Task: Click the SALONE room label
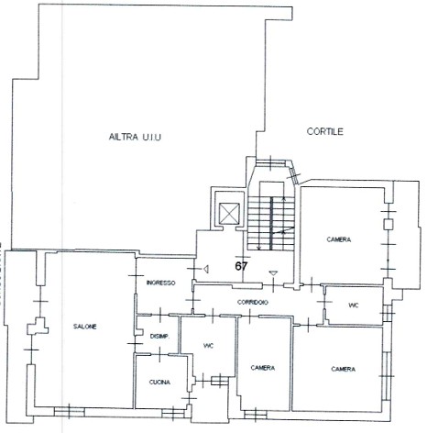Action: pos(85,327)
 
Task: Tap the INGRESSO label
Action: pos(161,283)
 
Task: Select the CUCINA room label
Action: pos(159,383)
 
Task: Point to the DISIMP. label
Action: pos(159,337)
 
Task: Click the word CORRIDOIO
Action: pos(253,302)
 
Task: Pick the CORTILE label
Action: pos(325,131)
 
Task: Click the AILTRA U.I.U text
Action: pos(135,137)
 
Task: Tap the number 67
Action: pos(241,266)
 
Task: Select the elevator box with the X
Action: pos(230,213)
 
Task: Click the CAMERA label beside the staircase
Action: pos(339,239)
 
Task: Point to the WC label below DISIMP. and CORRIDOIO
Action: pos(208,346)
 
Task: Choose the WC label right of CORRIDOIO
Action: pos(354,305)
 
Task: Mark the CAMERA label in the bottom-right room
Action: pos(344,370)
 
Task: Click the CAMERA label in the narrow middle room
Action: pos(263,368)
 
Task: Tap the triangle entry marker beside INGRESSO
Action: pos(206,269)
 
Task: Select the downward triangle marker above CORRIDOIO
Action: pos(273,273)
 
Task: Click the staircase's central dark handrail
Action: pos(271,224)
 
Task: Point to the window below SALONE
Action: pos(70,412)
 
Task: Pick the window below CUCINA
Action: pos(173,414)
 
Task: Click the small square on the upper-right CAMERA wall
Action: pos(389,224)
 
